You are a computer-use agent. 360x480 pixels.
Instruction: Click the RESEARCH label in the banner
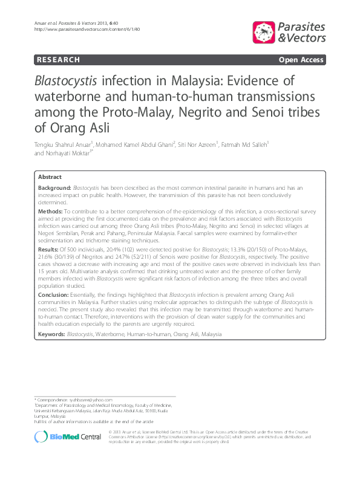coord(58,60)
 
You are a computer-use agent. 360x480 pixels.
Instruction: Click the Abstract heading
coord(50,177)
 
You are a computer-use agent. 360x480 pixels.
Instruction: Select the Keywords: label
coord(51,334)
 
